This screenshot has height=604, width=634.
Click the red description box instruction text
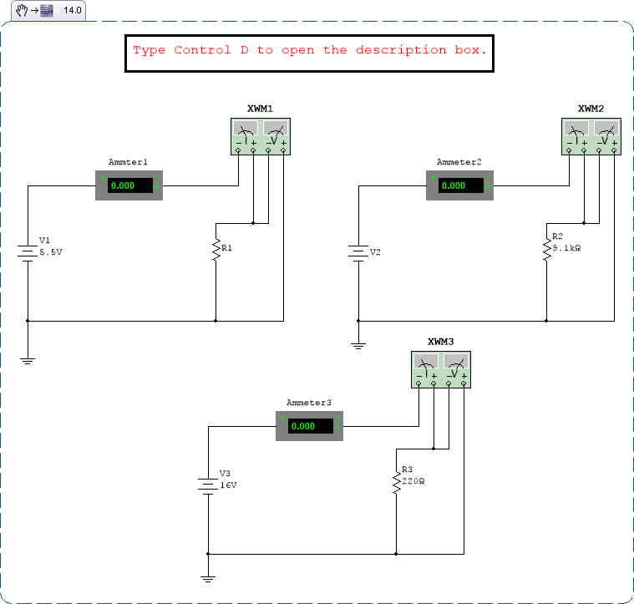pos(309,50)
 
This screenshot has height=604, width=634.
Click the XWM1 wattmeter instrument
pos(260,135)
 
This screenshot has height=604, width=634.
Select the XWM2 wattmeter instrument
pos(591,135)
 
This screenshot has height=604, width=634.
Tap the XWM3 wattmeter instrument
pos(441,369)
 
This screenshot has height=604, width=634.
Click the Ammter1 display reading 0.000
pos(129,185)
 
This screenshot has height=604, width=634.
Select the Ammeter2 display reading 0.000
pos(459,185)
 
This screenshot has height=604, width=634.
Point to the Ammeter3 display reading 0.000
pos(309,426)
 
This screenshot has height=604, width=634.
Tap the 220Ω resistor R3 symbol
pos(396,483)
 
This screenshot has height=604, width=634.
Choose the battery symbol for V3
pos(207,484)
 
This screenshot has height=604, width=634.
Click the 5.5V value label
pos(51,251)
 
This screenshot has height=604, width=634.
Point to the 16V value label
pos(228,485)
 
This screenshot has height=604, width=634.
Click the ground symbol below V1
pos(28,360)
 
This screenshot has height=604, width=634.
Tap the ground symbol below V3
pos(207,577)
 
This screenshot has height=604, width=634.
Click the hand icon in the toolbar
pos(22,11)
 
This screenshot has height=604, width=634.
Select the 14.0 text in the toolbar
pos(73,11)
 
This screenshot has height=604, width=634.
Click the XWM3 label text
pos(440,342)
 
